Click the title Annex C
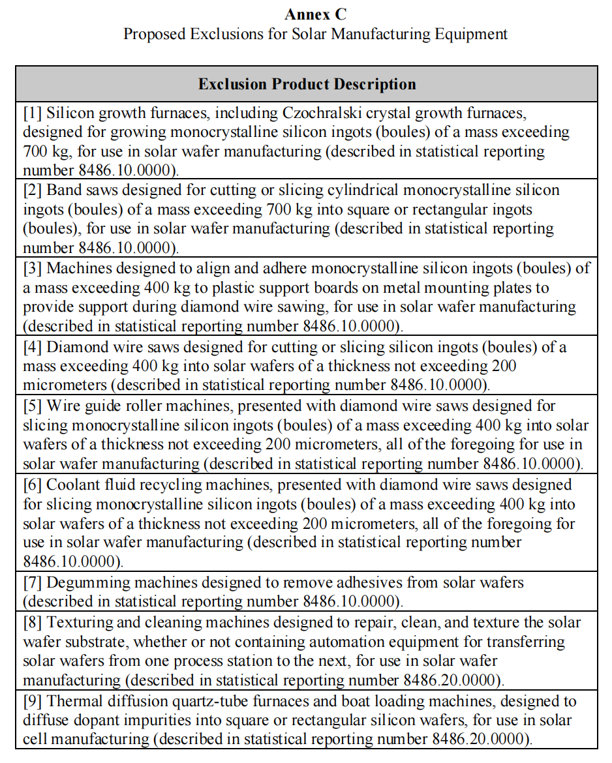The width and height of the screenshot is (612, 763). tap(316, 14)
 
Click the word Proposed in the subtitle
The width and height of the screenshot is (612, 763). tap(153, 33)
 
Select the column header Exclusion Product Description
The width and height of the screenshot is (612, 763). tap(307, 84)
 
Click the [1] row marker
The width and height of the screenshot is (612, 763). tap(33, 112)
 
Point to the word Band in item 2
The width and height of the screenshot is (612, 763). tap(63, 190)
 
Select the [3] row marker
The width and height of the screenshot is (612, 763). tap(33, 268)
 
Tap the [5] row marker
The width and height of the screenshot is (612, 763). tap(33, 406)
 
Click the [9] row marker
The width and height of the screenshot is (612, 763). tap(33, 701)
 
